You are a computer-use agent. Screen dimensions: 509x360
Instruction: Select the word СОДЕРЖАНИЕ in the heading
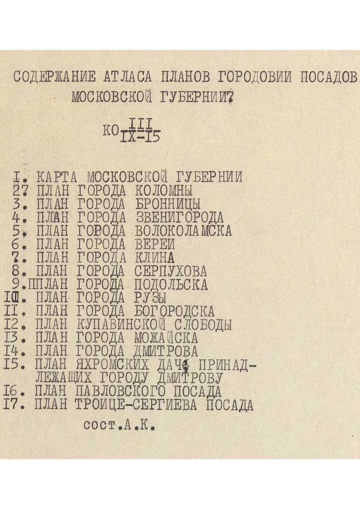pos(54,77)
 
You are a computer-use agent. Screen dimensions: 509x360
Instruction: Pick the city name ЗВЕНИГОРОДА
pos(179,218)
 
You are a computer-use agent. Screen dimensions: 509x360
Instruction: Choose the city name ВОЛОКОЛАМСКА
pos(183,231)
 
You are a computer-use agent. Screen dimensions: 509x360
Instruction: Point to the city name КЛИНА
pos(154,258)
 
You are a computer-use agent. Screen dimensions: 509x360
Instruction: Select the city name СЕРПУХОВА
pos(170,272)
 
